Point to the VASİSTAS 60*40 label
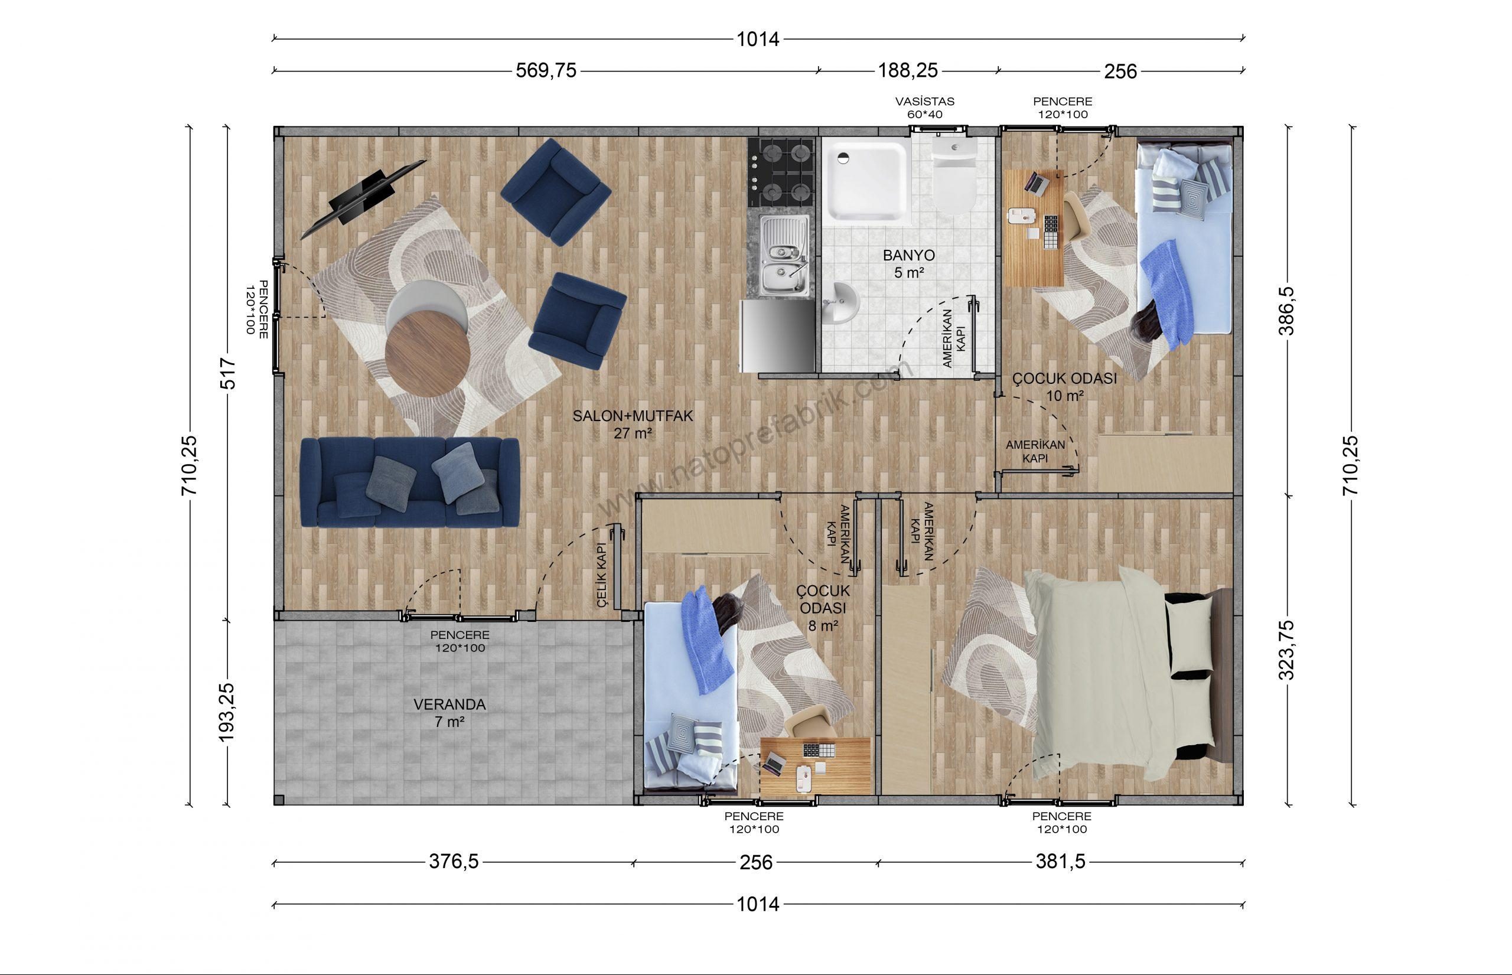point(924,107)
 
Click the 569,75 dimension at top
point(546,70)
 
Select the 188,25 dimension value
point(907,70)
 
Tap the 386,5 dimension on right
point(1288,310)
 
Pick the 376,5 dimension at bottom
point(454,862)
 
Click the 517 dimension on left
point(228,374)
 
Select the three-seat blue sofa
point(410,482)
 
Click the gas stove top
point(780,172)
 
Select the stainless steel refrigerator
point(777,335)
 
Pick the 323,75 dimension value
point(1288,650)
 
